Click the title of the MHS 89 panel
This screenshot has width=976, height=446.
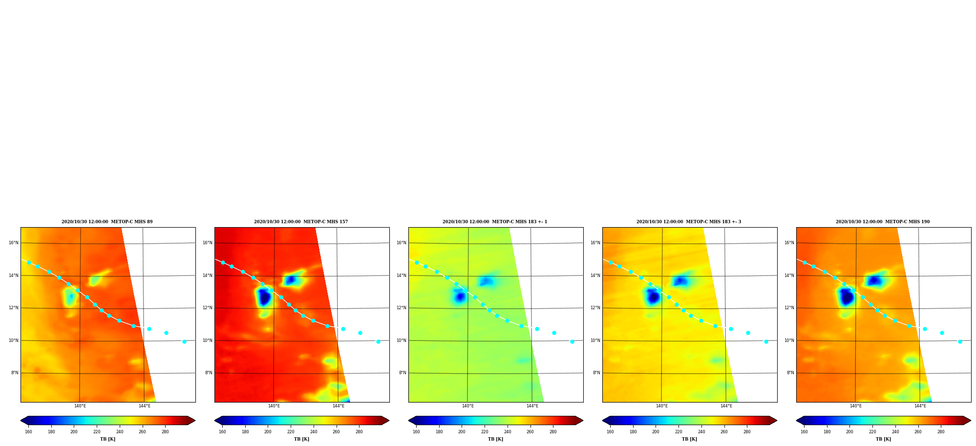coord(107,222)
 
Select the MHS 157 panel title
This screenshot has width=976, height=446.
coord(301,222)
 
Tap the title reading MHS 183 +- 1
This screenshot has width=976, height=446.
coord(495,222)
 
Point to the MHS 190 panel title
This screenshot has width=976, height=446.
coord(883,222)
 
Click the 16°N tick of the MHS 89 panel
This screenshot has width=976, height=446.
coord(14,243)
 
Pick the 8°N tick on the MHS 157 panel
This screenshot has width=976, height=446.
coord(209,373)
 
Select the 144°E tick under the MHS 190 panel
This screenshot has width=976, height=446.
coord(920,406)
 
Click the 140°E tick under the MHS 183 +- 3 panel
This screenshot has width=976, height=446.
coord(662,406)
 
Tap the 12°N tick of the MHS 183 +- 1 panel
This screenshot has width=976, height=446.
coord(402,308)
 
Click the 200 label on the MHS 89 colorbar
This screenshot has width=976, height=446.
coord(74,432)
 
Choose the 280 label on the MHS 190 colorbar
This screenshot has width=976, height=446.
coord(941,432)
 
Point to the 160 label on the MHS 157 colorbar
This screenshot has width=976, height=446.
coord(222,432)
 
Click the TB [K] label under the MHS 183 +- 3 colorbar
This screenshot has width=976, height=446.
coord(689,439)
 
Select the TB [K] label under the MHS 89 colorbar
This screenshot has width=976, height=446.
coord(107,439)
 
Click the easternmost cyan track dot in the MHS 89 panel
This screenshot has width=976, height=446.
coord(184,341)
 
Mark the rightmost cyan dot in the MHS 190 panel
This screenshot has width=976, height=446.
coord(960,341)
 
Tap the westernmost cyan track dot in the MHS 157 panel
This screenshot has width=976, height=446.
coord(223,262)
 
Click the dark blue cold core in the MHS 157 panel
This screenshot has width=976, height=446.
coord(264,297)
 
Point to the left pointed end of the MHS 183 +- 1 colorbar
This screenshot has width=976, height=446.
coord(409,421)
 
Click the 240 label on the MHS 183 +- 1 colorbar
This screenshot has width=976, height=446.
coord(508,432)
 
